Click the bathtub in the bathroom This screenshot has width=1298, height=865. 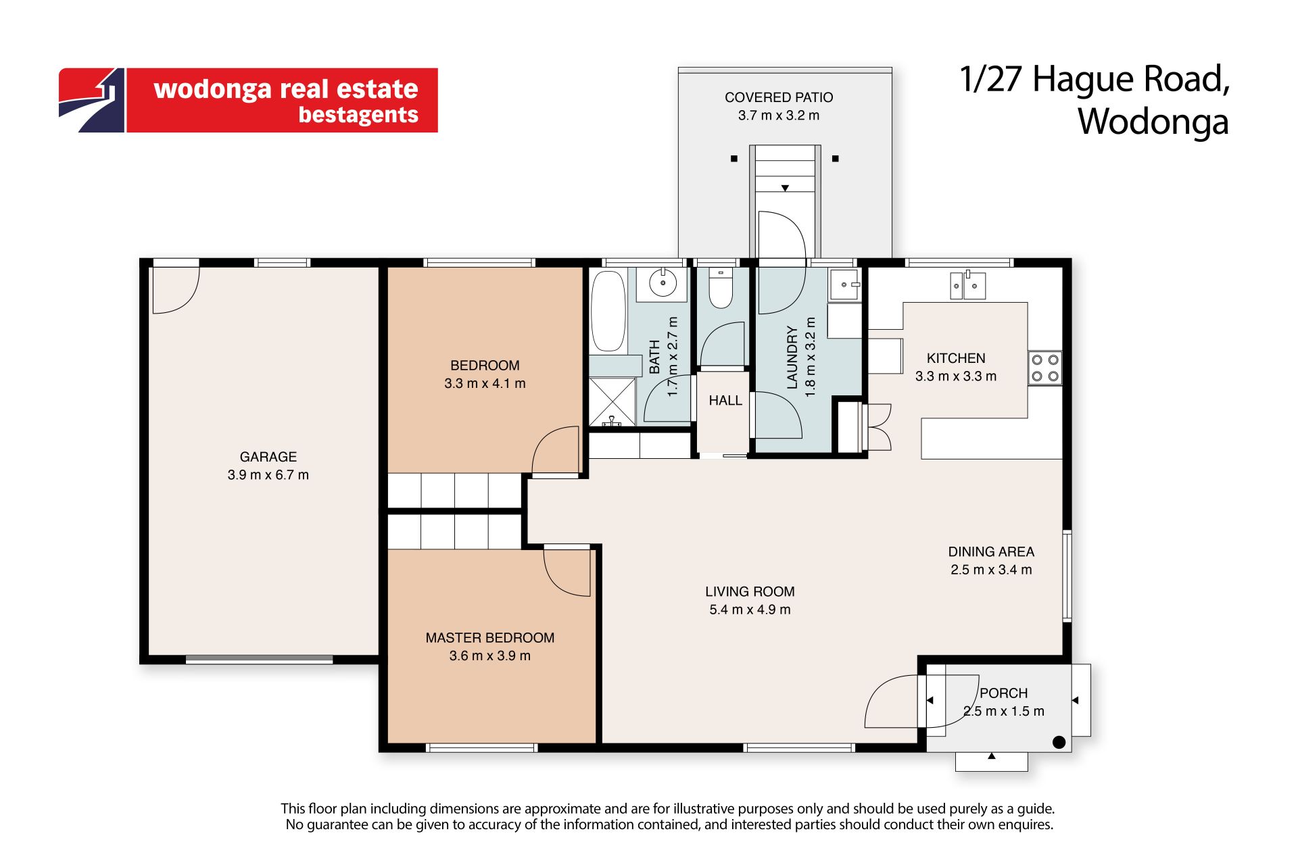608,311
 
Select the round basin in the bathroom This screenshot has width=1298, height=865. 663,282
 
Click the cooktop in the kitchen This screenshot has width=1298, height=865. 1044,368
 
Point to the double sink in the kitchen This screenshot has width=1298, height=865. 968,285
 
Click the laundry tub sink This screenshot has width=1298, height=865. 845,284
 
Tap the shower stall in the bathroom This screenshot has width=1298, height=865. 612,401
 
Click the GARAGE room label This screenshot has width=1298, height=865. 268,457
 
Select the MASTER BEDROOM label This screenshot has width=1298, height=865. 490,638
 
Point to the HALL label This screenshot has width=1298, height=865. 725,401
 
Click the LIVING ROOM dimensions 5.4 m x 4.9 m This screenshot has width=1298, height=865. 750,610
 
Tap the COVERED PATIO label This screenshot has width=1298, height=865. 779,97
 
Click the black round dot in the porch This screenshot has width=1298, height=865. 1059,742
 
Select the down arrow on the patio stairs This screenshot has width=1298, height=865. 785,188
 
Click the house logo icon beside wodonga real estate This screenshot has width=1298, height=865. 92,100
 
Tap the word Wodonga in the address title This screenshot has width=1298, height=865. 1153,122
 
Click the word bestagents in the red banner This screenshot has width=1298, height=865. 358,115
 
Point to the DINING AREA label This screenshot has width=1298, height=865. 991,552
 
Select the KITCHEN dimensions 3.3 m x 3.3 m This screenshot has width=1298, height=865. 956,376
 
